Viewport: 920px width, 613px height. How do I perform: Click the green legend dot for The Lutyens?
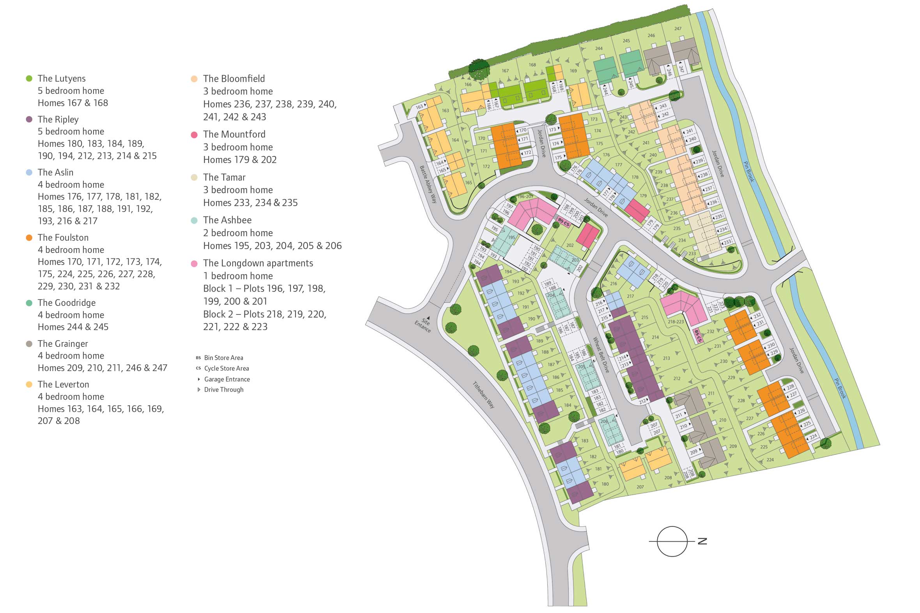29,79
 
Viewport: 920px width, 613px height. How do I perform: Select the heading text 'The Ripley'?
58,119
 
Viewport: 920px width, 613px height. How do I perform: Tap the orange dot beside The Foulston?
29,238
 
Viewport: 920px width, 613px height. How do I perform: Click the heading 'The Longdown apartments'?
258,263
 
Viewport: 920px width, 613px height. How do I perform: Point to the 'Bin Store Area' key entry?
223,358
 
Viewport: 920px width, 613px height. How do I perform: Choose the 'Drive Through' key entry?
223,390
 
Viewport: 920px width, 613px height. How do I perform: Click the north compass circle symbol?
672,541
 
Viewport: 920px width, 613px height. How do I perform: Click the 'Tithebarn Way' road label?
483,395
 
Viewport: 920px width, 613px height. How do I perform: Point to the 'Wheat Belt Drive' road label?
601,355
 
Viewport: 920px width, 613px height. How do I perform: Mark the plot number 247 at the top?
678,28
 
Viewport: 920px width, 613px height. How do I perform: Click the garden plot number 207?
640,487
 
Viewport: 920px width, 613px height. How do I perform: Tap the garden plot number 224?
770,460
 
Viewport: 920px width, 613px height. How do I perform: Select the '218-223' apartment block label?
676,322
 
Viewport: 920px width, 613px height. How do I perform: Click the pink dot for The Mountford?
194,135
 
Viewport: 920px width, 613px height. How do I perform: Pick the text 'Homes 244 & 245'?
73,327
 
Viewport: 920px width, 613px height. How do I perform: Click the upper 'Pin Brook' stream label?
748,171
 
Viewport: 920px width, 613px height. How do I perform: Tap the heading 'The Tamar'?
224,177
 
